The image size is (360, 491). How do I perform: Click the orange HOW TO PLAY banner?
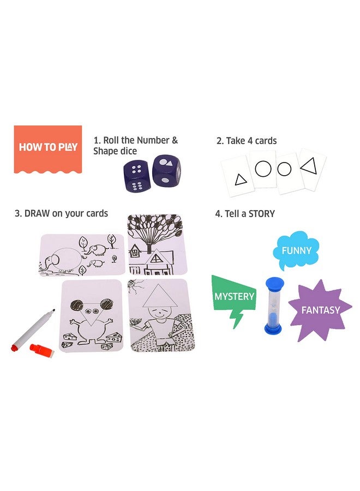point(48,147)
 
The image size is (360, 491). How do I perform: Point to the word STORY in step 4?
point(261,213)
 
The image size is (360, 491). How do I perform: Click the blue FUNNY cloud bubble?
point(296,251)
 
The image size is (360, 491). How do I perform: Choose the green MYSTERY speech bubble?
point(234,298)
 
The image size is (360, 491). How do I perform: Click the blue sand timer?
point(274,306)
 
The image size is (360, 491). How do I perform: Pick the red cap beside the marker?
point(38,347)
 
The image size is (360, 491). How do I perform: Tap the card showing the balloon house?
point(158,244)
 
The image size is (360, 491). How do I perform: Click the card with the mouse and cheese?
point(91,317)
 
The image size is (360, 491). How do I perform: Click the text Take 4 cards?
point(247,141)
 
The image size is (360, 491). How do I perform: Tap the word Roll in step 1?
point(111,141)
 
